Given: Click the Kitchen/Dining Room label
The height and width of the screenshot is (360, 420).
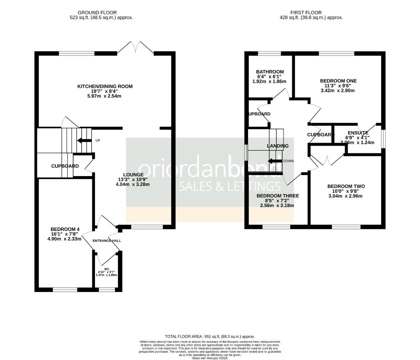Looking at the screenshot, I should point(105,86).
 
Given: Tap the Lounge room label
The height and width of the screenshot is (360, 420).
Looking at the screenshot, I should point(133,174).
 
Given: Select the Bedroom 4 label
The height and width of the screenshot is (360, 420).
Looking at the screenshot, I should point(65,229).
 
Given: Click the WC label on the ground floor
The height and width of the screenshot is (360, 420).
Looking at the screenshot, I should point(107,269).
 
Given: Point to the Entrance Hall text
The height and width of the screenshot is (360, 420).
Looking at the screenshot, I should point(107,241).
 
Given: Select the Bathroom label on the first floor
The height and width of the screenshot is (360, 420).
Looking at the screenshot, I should point(270,72).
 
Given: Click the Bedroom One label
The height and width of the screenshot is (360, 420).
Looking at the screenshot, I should point(338,81).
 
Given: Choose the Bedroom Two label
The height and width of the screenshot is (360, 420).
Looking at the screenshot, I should point(346,186).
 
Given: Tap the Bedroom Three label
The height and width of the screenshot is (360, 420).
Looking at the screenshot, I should point(277,196).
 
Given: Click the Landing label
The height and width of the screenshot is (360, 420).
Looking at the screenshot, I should point(278,146).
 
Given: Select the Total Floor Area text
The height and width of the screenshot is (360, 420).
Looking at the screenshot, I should point(210,337).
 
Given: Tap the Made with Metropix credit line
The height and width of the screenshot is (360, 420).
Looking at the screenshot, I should point(210,358).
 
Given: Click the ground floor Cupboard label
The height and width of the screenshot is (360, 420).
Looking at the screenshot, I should point(65,166).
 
